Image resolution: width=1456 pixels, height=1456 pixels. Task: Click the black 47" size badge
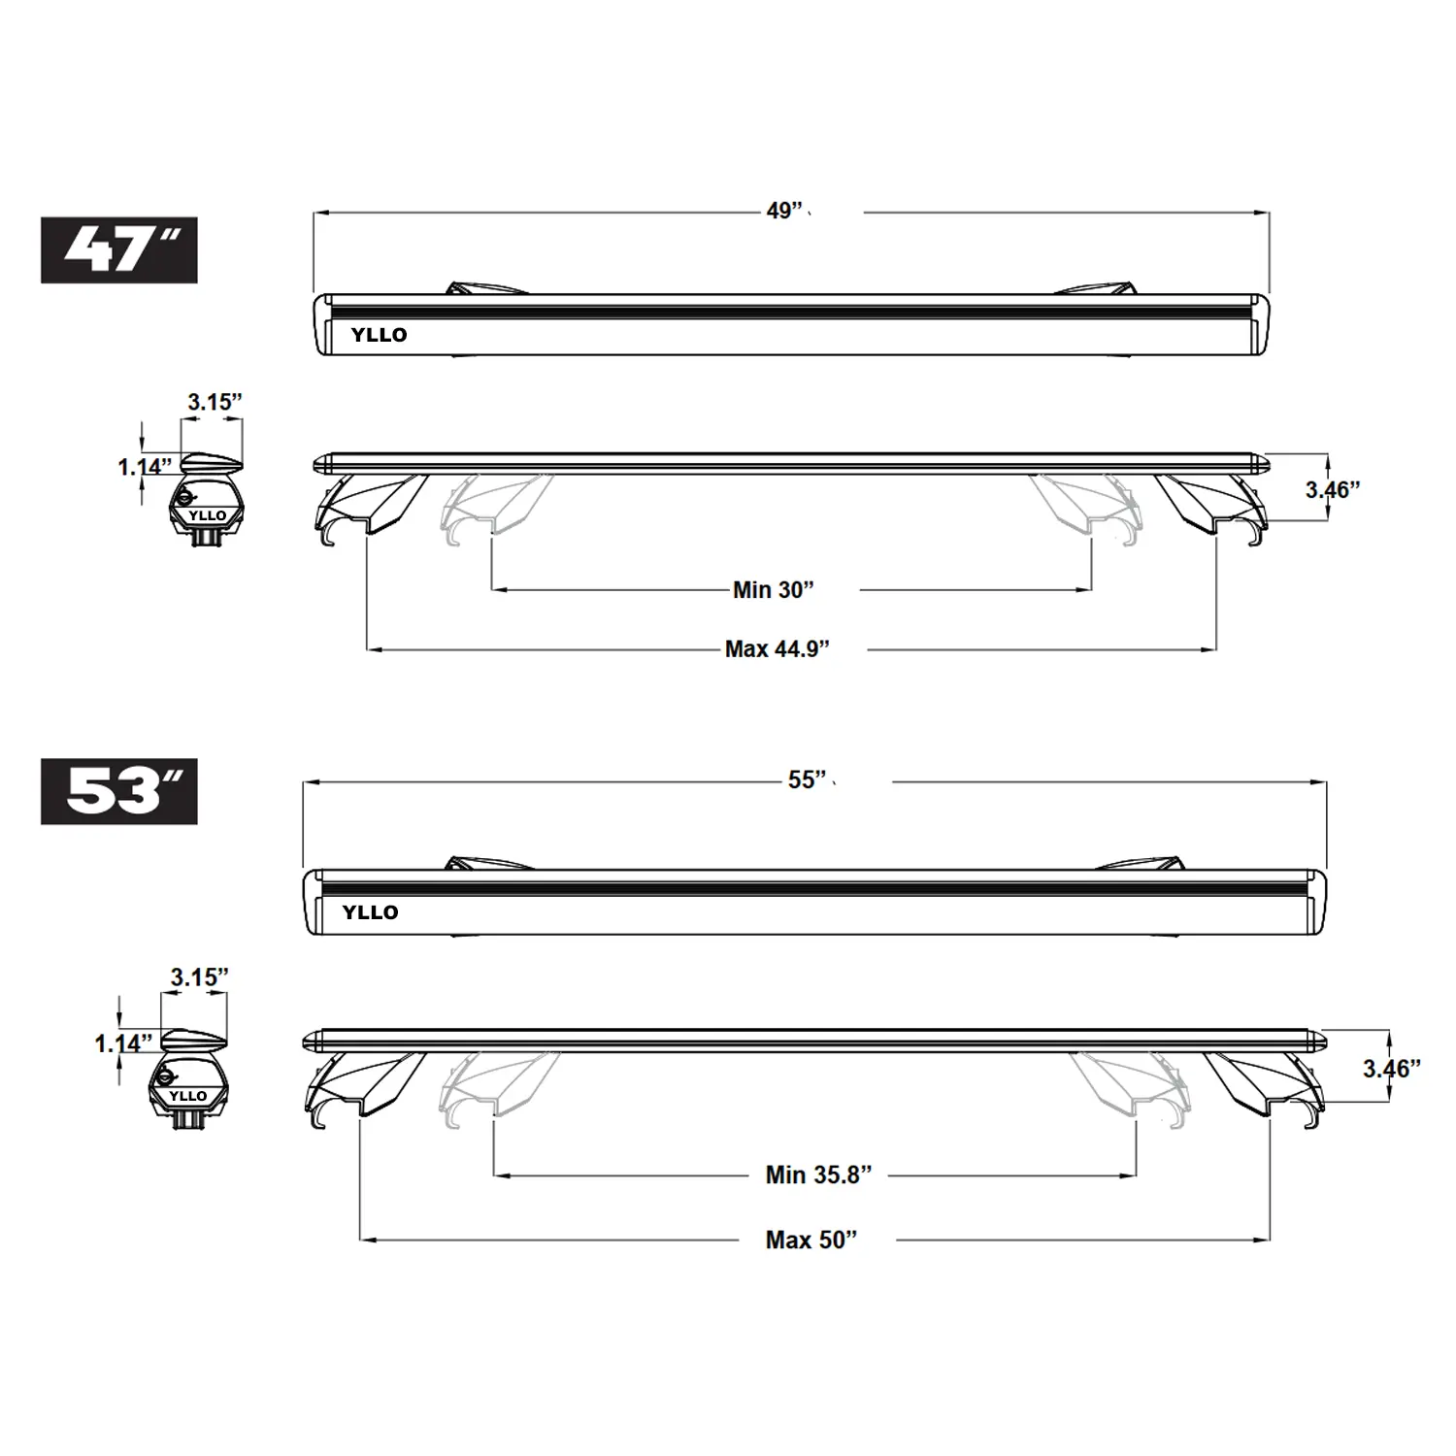(x=119, y=250)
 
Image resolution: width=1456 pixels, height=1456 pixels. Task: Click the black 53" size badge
(x=119, y=791)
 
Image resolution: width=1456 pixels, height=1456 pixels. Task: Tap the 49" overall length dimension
(x=785, y=211)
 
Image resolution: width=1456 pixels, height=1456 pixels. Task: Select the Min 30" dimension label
(x=774, y=589)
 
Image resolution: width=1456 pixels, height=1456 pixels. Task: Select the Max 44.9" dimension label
(x=778, y=648)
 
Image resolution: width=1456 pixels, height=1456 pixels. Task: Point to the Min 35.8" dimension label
(x=819, y=1175)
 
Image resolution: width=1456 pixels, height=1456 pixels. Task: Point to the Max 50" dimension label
(x=812, y=1240)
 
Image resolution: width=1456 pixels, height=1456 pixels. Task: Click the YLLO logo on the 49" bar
(x=379, y=335)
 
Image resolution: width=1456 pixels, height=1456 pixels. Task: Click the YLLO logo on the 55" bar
(x=370, y=912)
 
